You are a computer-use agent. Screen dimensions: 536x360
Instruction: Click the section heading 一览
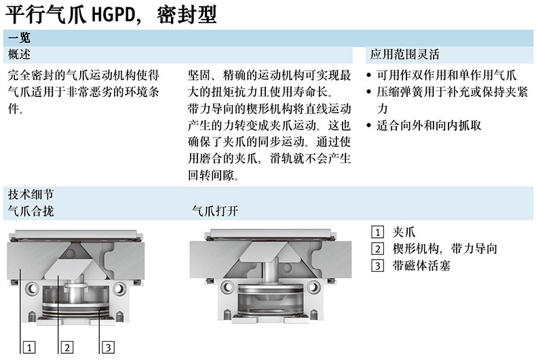[x=19, y=37]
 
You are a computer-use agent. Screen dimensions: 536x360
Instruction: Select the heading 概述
[x=19, y=54]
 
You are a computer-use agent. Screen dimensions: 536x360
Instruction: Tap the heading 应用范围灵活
[x=405, y=54]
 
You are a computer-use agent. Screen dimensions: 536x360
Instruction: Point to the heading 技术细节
[x=31, y=195]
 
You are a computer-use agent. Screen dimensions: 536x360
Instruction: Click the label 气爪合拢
[x=31, y=211]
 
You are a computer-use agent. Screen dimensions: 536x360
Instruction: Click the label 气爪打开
[x=215, y=211]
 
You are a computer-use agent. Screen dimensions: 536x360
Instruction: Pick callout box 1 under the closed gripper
[x=29, y=348]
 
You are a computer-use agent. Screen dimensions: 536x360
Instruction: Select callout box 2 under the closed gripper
[x=67, y=348]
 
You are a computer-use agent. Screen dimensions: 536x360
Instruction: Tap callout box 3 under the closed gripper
[x=108, y=348]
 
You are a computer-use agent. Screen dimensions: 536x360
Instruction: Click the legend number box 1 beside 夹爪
[x=378, y=233]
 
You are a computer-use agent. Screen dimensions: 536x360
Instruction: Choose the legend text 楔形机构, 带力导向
[x=444, y=249]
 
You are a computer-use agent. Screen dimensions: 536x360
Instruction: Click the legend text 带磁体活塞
[x=421, y=265]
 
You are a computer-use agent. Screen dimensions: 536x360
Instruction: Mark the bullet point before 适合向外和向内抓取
[x=368, y=125]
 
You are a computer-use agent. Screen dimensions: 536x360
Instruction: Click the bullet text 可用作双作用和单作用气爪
[x=446, y=75]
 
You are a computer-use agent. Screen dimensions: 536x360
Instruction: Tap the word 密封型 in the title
[x=187, y=16]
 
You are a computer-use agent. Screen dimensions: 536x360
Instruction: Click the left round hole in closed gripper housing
[x=33, y=289]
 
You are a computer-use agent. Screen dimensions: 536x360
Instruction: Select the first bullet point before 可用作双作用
[x=368, y=75]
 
